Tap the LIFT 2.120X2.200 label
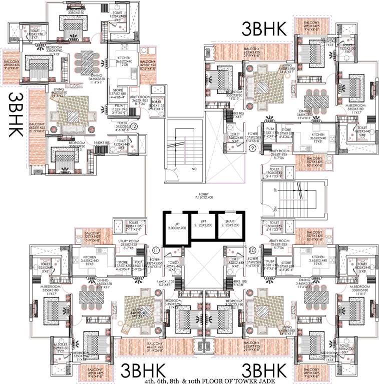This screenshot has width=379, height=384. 201,221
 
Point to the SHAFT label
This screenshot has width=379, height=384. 228,221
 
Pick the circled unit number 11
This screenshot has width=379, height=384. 156,249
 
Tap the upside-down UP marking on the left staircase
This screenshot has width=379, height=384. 175,169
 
